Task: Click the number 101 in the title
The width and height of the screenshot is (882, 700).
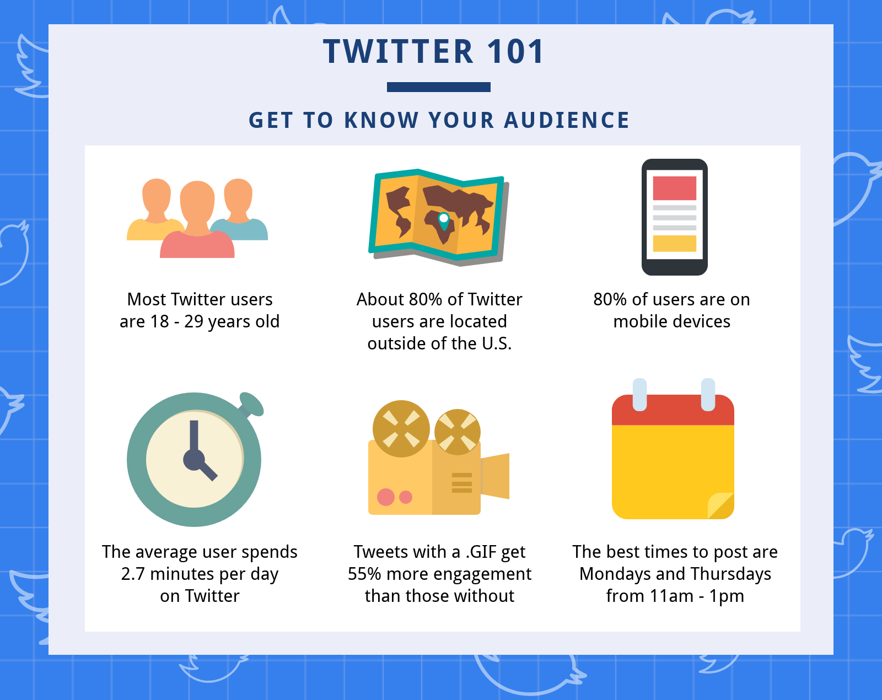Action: [x=515, y=52]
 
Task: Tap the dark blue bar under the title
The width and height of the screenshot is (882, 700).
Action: [x=439, y=87]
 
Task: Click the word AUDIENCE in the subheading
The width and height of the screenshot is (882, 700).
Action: [x=567, y=120]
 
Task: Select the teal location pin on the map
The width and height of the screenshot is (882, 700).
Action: [x=443, y=221]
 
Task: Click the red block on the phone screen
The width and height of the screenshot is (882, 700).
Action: [x=674, y=188]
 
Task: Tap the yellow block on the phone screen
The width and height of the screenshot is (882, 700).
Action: [x=674, y=244]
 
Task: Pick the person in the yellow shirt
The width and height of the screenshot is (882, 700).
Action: [x=156, y=209]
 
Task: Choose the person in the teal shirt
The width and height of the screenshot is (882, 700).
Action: [x=240, y=209]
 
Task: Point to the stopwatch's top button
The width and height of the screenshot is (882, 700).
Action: [x=251, y=404]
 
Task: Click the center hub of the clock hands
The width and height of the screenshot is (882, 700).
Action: [x=194, y=460]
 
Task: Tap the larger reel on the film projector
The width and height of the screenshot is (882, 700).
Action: [x=401, y=429]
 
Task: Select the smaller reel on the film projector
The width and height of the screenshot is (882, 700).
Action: [x=458, y=432]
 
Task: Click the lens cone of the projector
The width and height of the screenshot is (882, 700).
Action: [x=495, y=476]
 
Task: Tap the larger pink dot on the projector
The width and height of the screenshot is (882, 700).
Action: [x=386, y=497]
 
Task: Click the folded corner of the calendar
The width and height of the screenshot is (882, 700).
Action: [x=721, y=506]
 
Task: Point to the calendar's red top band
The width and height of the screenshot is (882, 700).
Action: [x=673, y=410]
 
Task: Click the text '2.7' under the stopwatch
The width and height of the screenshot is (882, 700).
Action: [x=133, y=574]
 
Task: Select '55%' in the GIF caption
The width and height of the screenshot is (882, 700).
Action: [x=365, y=574]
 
